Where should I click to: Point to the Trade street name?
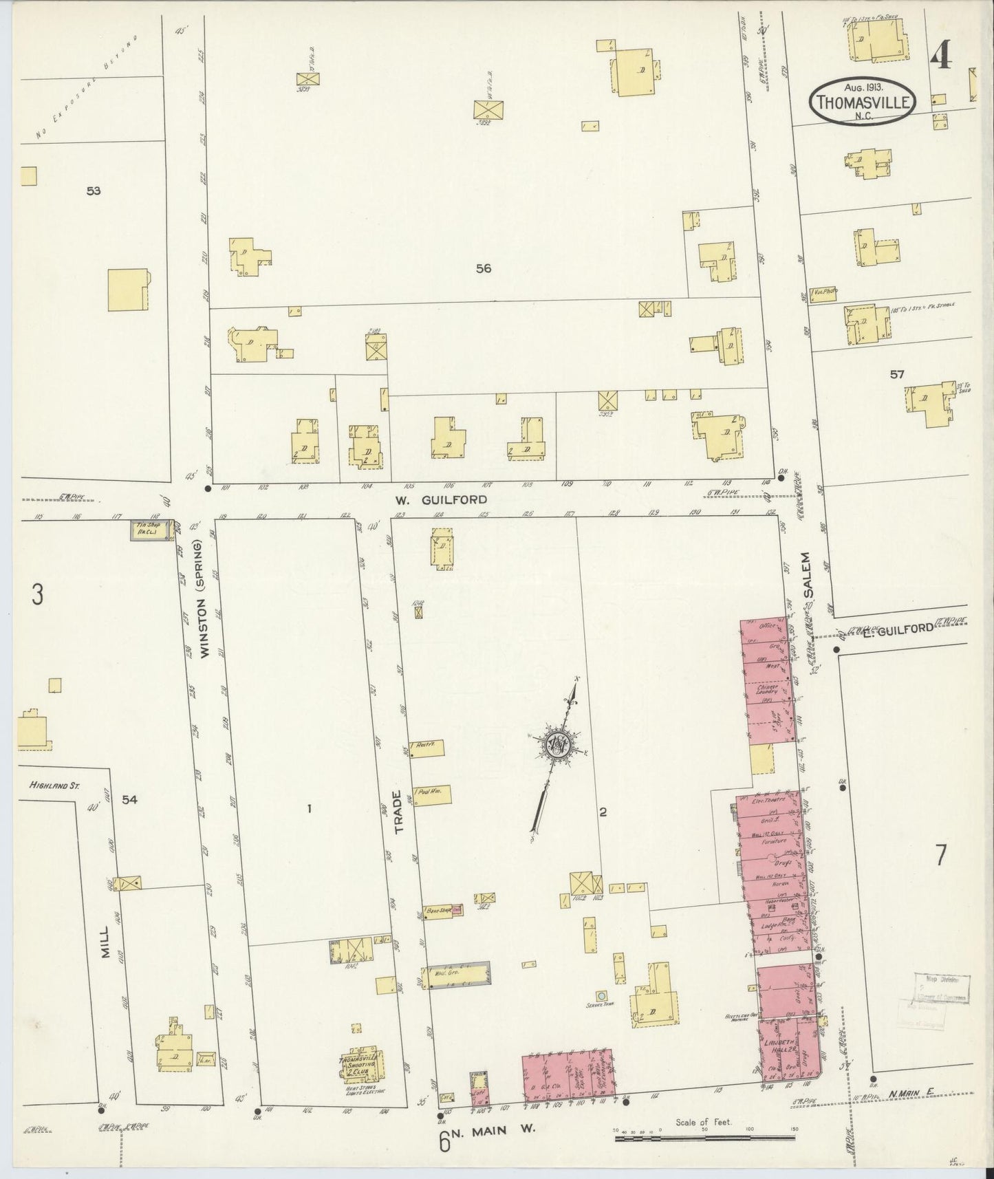click(398, 812)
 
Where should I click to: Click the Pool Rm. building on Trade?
click(431, 793)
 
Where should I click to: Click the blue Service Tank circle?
click(601, 995)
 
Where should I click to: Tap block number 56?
click(484, 269)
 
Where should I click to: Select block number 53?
click(94, 191)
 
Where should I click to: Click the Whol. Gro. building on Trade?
click(457, 976)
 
